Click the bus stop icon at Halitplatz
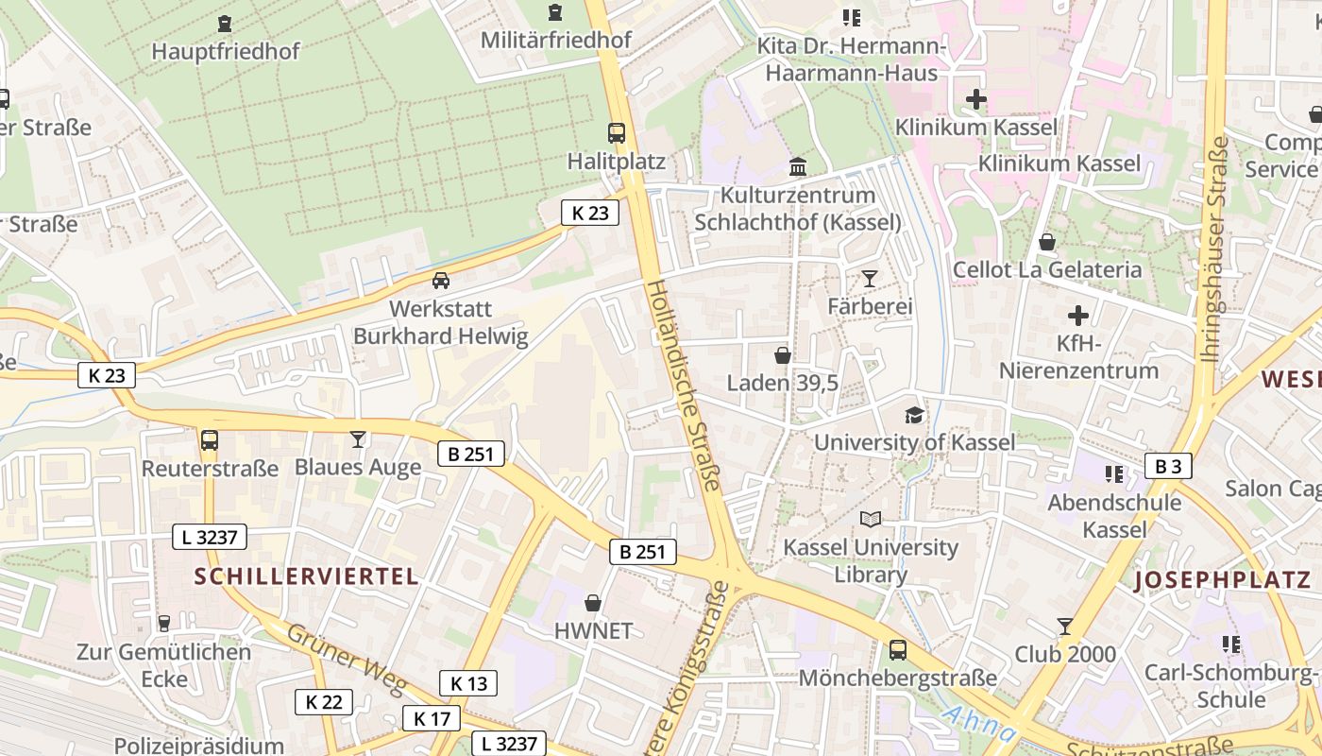617,133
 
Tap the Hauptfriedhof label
226,51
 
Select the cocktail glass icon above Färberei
870,278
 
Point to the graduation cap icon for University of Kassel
914,415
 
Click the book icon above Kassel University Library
871,519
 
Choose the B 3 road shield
1168,466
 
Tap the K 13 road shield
467,683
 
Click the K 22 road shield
324,702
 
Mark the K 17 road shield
432,718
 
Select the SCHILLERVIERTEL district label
307,576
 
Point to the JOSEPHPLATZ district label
1223,580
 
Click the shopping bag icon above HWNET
593,603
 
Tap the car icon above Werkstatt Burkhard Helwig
440,281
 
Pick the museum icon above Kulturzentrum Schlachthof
798,167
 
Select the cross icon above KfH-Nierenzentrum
1078,316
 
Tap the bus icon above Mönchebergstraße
897,650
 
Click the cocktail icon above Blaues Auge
358,438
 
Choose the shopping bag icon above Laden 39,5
783,355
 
